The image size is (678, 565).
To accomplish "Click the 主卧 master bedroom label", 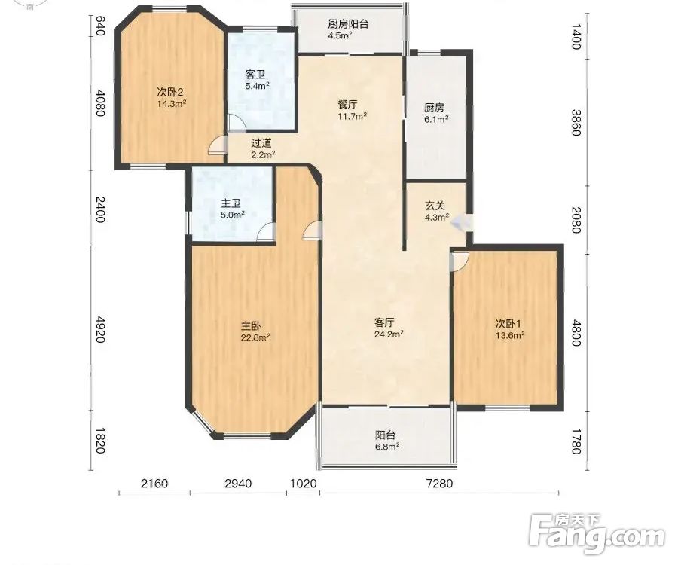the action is point(251,325).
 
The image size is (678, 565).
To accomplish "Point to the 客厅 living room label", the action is point(384,322).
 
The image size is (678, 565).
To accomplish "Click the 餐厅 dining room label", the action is point(347,105).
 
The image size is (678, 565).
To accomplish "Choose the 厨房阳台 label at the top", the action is point(348,24).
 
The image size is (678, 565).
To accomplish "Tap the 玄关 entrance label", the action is point(435,206).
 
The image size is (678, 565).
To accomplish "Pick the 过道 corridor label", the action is point(261,143).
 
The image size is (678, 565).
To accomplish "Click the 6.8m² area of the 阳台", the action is point(386,447).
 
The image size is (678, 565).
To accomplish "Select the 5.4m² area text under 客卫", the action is point(258,86).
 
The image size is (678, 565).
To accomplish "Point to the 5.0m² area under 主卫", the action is point(231,213).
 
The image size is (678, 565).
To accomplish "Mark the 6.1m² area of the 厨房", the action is point(435,119).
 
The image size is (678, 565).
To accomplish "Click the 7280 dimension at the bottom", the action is point(440,483).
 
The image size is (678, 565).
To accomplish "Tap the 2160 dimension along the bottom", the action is point(154,483).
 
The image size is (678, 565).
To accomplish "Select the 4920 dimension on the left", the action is point(100,329).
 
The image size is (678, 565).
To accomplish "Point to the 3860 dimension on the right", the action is point(576,122).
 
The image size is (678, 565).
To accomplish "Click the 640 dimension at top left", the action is point(100,26).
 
